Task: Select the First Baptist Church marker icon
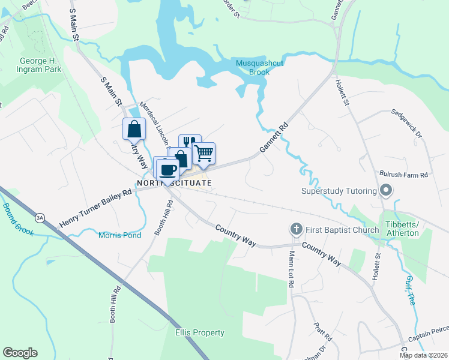click(295, 229)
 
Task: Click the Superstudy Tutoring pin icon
click(386, 191)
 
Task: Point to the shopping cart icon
click(204, 153)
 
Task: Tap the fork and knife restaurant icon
click(189, 142)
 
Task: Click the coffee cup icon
click(167, 169)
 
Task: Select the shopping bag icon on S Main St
click(134, 128)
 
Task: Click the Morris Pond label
click(120, 235)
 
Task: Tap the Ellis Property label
click(200, 332)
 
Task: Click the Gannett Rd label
click(274, 138)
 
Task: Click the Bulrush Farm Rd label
click(403, 175)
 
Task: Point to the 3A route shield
click(40, 217)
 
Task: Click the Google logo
click(20, 353)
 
